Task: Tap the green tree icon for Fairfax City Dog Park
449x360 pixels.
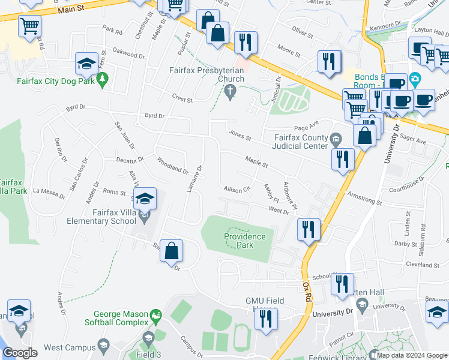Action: (x=103, y=79)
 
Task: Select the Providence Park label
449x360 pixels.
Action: (x=245, y=241)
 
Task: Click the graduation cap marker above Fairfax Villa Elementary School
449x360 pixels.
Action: (x=144, y=198)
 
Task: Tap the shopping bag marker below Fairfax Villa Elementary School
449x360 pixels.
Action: (x=172, y=251)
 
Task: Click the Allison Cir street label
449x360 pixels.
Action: (x=237, y=190)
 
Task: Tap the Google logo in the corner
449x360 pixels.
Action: (x=19, y=353)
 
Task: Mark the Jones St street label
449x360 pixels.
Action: (x=239, y=136)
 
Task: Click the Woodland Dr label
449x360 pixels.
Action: (x=172, y=165)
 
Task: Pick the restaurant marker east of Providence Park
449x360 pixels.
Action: (x=309, y=229)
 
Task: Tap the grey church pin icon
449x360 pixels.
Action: (x=229, y=91)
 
